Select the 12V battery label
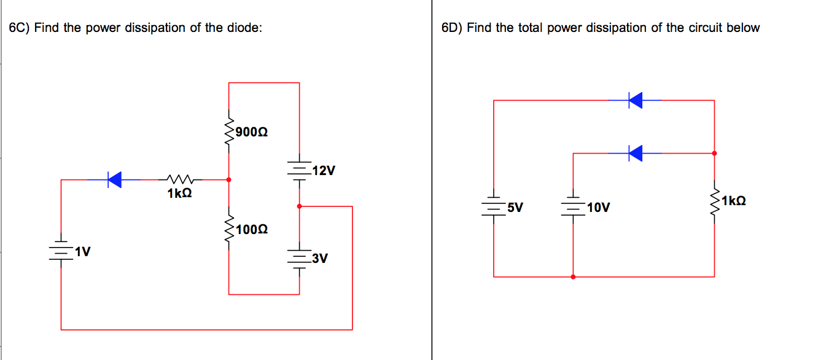coord(323,171)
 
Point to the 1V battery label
coord(82,251)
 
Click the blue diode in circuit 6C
coord(114,179)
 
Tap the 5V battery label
coord(515,207)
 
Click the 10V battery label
coord(598,208)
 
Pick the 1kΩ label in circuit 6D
coord(734,200)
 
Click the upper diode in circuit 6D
coord(635,100)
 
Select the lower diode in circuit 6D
coord(635,153)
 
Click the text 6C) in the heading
coord(20,28)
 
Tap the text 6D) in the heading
coord(452,28)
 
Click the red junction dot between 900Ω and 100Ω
coord(229,180)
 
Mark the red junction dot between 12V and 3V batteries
coord(299,206)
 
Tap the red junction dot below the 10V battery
coord(573,277)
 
